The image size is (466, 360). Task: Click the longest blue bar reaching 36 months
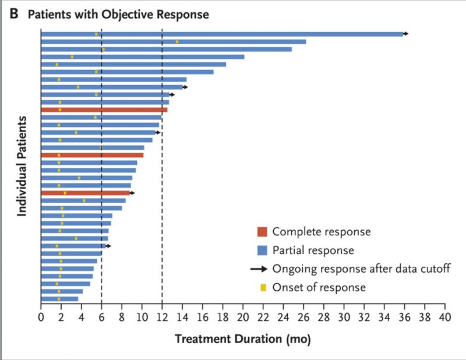(221, 34)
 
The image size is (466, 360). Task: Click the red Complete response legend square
(262, 231)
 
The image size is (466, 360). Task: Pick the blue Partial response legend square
(262, 250)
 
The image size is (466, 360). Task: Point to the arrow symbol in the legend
(259, 269)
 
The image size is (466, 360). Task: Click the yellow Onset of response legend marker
(263, 287)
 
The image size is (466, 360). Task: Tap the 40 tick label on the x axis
(445, 317)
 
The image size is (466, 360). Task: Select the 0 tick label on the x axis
(41, 317)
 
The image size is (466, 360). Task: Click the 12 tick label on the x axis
(162, 317)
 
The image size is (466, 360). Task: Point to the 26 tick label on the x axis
(303, 317)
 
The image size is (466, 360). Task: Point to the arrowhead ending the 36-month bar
(406, 34)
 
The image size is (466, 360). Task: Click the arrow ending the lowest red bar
(132, 193)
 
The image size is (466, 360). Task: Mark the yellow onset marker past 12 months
(177, 41)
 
